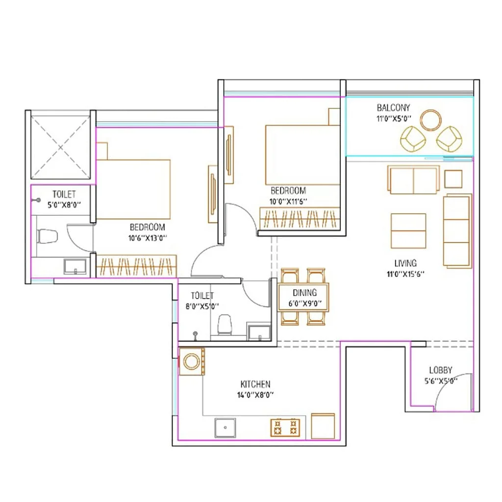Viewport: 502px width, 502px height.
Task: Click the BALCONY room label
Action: (x=393, y=107)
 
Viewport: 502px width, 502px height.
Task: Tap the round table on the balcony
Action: (x=431, y=120)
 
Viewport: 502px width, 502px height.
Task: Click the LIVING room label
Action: (x=405, y=263)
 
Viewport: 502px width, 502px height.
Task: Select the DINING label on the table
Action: (x=304, y=293)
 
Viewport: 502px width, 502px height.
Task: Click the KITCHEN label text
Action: (x=255, y=384)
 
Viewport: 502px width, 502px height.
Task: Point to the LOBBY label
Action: (x=440, y=370)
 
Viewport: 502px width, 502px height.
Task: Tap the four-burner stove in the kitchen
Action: (x=285, y=427)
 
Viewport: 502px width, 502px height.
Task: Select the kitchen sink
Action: (x=225, y=427)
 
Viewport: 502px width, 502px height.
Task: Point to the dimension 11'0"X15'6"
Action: (x=405, y=274)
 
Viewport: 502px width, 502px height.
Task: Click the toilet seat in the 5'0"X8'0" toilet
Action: (x=48, y=236)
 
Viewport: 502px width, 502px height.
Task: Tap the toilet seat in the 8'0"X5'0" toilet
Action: (x=225, y=324)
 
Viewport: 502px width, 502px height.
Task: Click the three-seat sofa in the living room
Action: (x=457, y=230)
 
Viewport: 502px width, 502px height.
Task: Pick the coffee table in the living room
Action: (x=408, y=231)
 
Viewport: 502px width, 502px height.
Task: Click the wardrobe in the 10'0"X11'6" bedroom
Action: (x=300, y=218)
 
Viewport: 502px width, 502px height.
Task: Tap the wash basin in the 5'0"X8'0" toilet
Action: (x=75, y=267)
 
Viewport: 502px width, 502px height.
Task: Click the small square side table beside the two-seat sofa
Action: (x=453, y=178)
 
